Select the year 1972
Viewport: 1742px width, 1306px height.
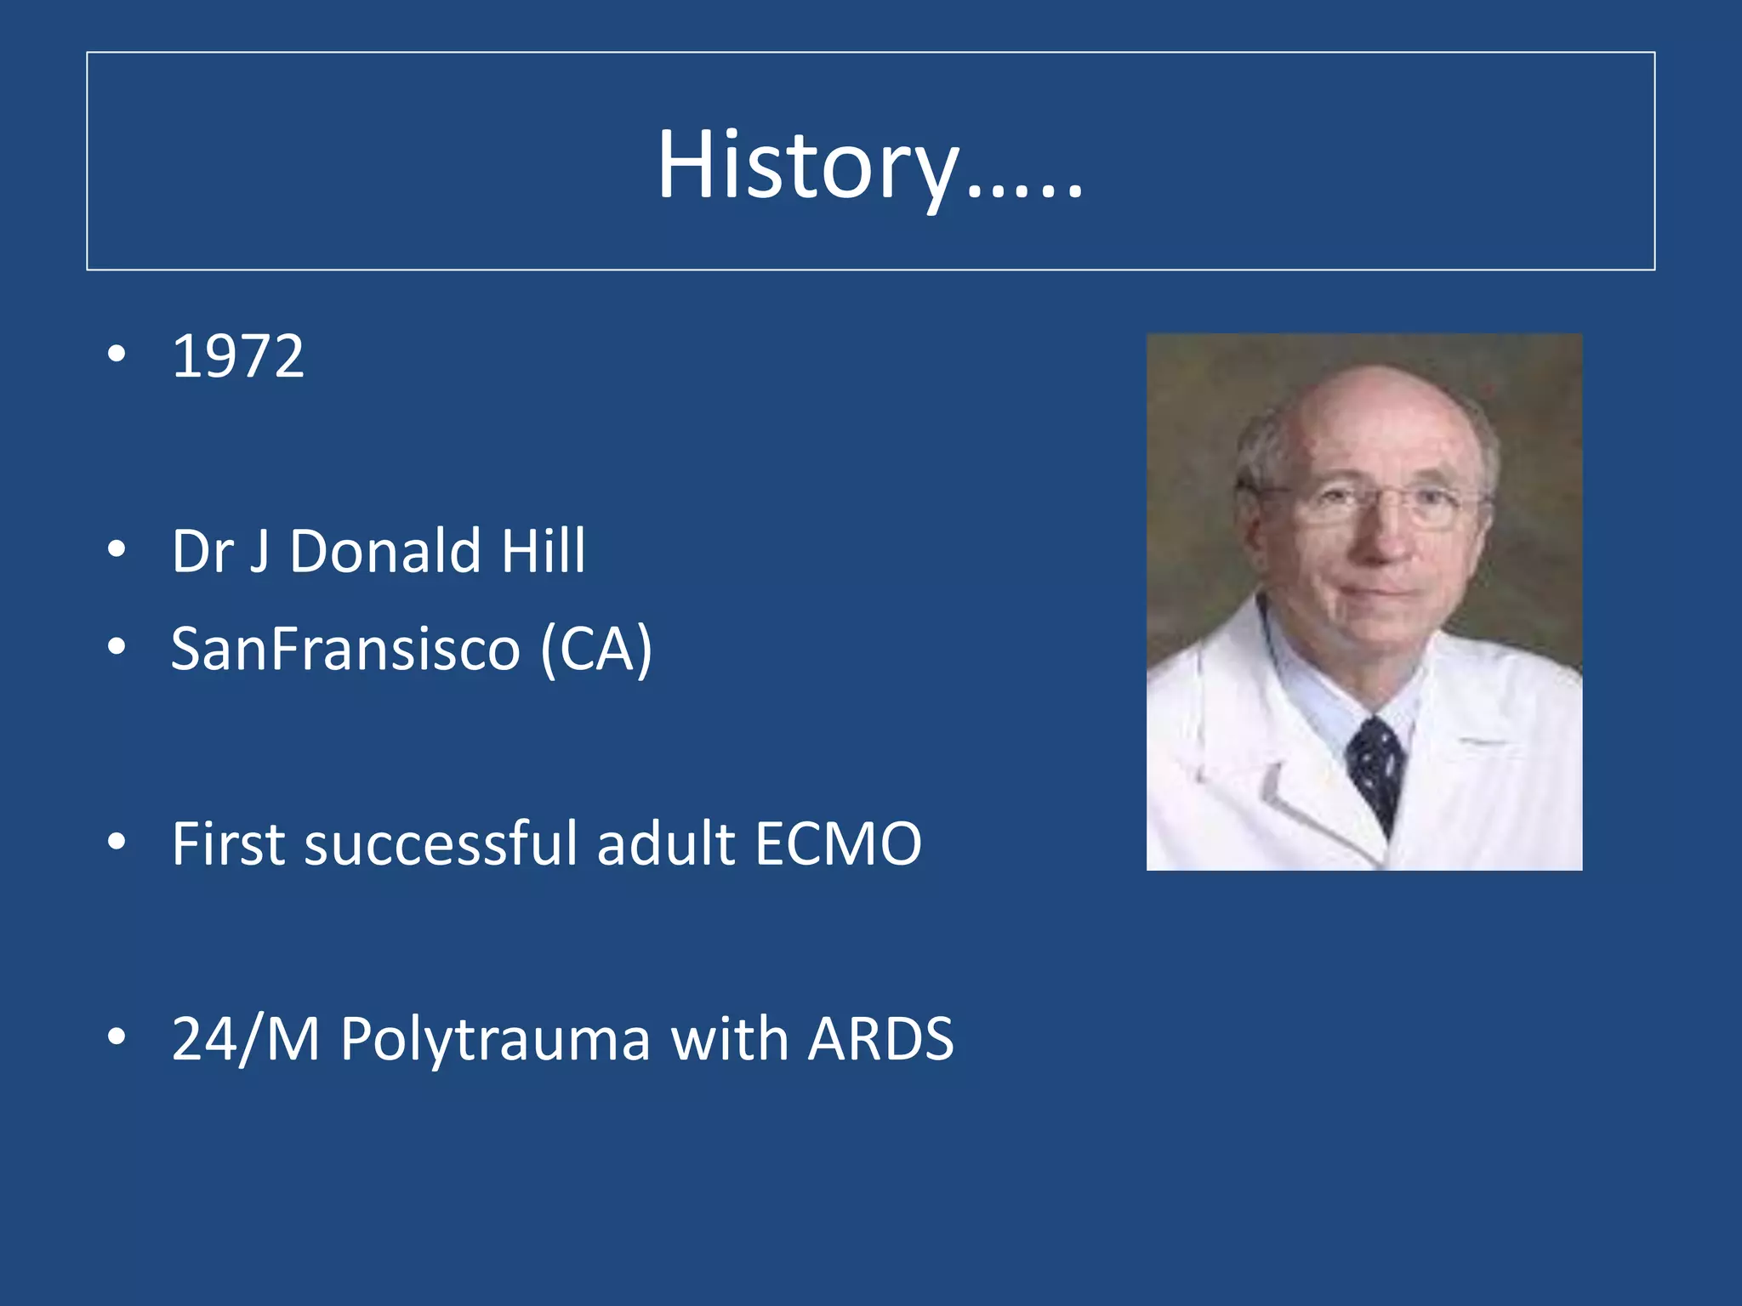point(237,356)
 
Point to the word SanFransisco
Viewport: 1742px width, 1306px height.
point(345,649)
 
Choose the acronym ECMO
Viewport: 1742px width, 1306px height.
point(838,843)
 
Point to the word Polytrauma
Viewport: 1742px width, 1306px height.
point(495,1039)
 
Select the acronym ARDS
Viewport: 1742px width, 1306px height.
point(880,1039)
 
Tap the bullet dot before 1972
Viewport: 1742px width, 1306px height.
point(117,354)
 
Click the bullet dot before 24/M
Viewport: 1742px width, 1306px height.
point(117,1036)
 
